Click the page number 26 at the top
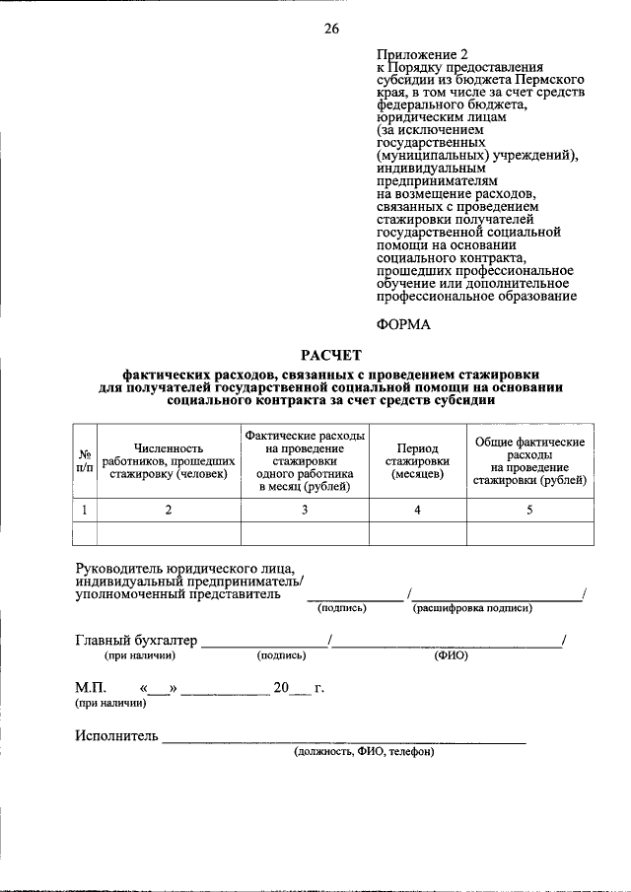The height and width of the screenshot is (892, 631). tap(331, 29)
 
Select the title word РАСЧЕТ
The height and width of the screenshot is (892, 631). tap(331, 355)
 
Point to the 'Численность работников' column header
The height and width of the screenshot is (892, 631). tap(169, 460)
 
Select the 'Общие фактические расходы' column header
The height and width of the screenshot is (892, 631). tap(529, 460)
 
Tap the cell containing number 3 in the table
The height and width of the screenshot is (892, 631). tap(305, 510)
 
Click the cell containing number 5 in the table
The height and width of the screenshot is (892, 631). tap(529, 510)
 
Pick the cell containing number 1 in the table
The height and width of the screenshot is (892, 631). tap(85, 510)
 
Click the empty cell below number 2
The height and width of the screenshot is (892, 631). tap(169, 533)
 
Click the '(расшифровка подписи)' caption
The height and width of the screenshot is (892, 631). tap(472, 608)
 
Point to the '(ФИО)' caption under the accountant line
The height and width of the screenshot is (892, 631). tap(450, 654)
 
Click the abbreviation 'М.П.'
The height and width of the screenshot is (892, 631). tap(92, 686)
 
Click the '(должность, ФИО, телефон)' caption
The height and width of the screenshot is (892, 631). tap(363, 751)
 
